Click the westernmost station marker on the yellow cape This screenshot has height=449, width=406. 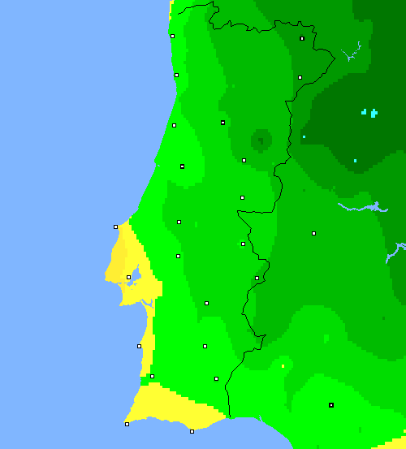pyautogui.click(x=115, y=227)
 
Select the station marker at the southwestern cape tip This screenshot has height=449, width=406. pyautogui.click(x=127, y=424)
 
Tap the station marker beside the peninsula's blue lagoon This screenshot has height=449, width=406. pyautogui.click(x=128, y=277)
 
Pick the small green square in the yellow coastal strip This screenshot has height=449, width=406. pyautogui.click(x=145, y=381)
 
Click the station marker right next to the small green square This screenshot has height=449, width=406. pyautogui.click(x=152, y=376)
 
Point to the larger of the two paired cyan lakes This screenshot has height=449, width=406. pyautogui.click(x=374, y=113)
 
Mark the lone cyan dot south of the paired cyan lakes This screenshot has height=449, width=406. pyautogui.click(x=355, y=161)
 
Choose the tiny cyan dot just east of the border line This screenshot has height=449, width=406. pyautogui.click(x=304, y=136)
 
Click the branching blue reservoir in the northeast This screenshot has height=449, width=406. pyautogui.click(x=351, y=54)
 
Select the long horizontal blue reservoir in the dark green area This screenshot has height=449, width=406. pyautogui.click(x=357, y=208)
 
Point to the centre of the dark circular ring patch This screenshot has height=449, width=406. pyautogui.click(x=260, y=140)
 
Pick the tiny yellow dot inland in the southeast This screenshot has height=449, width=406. pyautogui.click(x=283, y=366)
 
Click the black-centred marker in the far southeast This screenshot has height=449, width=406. pyautogui.click(x=331, y=404)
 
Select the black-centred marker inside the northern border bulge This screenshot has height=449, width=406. pyautogui.click(x=302, y=38)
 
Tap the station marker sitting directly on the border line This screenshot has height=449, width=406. pyautogui.click(x=257, y=278)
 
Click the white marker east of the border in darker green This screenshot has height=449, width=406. pyautogui.click(x=313, y=233)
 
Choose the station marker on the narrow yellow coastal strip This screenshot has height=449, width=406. pyautogui.click(x=139, y=346)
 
